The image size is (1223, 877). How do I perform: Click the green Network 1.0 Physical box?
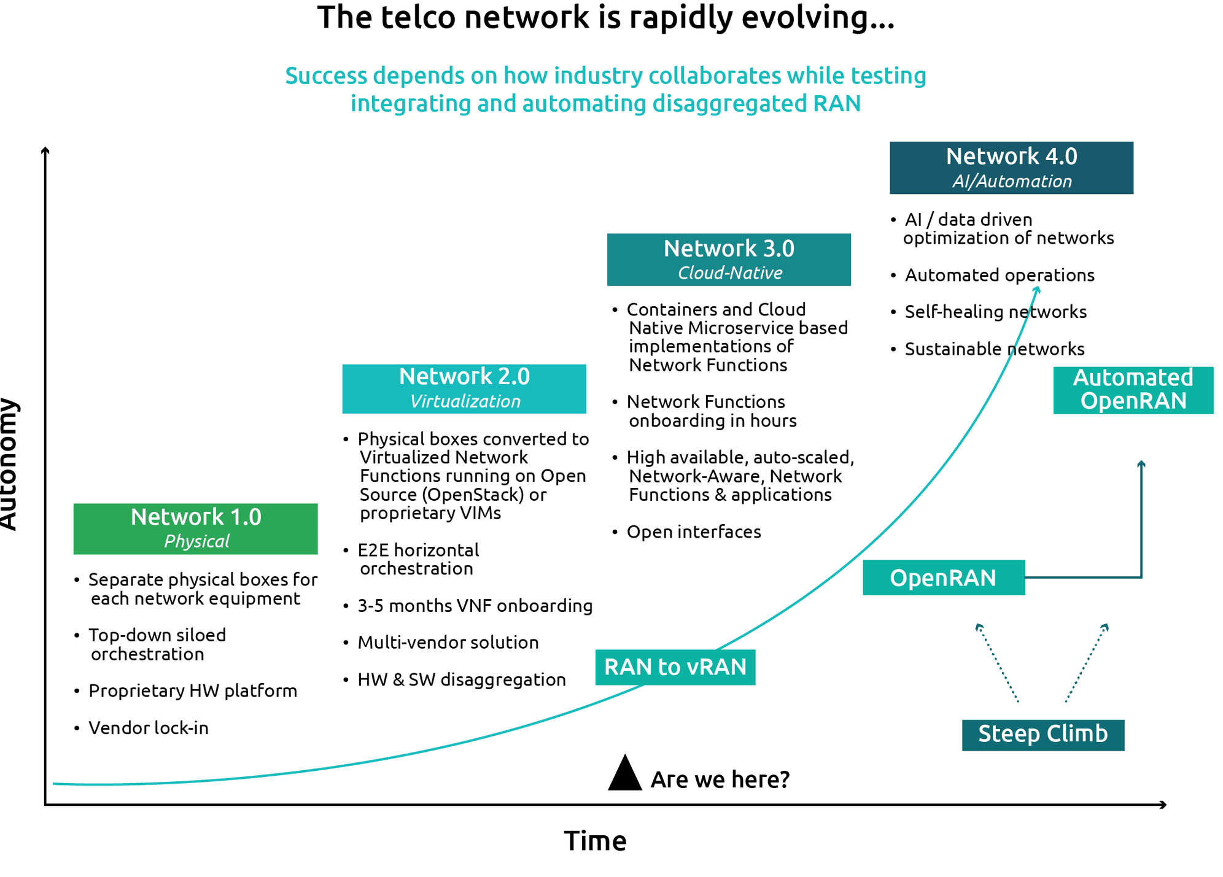pyautogui.click(x=195, y=528)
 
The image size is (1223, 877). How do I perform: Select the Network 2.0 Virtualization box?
pyautogui.click(x=464, y=388)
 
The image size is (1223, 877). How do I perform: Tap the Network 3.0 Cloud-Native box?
pyautogui.click(x=729, y=259)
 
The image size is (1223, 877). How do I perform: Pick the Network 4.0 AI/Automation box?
pyautogui.click(x=1011, y=168)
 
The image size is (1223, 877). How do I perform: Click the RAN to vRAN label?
pyautogui.click(x=675, y=667)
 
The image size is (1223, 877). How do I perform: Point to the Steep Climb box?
pyautogui.click(x=1043, y=735)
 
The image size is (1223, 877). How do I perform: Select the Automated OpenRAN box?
pyautogui.click(x=1133, y=390)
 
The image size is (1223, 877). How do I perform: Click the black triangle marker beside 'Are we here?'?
pyautogui.click(x=625, y=773)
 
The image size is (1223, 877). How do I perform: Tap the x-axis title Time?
pyautogui.click(x=595, y=841)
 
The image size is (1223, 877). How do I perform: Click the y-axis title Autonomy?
pyautogui.click(x=9, y=464)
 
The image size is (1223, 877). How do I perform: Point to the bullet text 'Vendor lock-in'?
pyautogui.click(x=149, y=728)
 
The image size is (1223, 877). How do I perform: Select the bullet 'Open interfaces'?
pyautogui.click(x=694, y=531)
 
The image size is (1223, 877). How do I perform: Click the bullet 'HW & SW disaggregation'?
pyautogui.click(x=462, y=679)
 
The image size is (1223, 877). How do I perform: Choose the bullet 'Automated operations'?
pyautogui.click(x=1000, y=275)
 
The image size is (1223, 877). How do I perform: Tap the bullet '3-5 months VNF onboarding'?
pyautogui.click(x=475, y=606)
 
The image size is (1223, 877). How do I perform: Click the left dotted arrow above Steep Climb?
pyautogui.click(x=997, y=663)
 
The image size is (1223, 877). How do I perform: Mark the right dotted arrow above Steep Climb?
pyautogui.click(x=1087, y=663)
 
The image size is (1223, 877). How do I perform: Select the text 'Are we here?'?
pyautogui.click(x=720, y=779)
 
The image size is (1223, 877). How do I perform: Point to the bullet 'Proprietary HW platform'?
pyautogui.click(x=193, y=691)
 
